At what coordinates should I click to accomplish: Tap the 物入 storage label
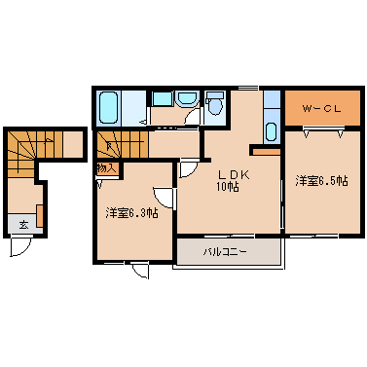106,168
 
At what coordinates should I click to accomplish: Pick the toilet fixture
216,104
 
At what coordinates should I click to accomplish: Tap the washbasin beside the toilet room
187,99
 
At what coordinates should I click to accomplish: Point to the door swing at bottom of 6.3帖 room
142,269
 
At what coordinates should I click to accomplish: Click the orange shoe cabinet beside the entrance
40,215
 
